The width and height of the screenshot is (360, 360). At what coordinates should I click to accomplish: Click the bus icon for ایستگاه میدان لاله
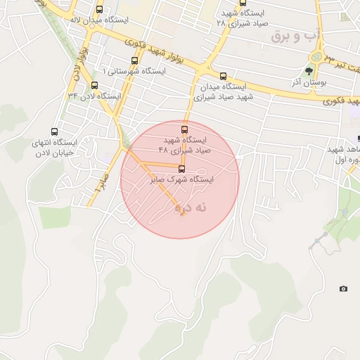[x=99, y=10]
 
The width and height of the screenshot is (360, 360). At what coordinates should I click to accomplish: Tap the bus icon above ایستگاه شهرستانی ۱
[x=134, y=61]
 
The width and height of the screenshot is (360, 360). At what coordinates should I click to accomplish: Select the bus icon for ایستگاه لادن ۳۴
[x=94, y=86]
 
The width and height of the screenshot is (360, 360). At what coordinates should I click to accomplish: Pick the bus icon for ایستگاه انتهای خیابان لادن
[x=55, y=131]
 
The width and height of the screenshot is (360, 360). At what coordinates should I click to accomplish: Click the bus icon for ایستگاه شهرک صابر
[x=182, y=169]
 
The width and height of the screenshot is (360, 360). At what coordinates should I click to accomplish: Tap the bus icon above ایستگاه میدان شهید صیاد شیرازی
[x=224, y=76]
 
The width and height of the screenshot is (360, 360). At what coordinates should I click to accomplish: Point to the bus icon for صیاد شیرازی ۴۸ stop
[x=184, y=129]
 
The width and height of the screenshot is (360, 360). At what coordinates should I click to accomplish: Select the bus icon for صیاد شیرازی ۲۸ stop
[x=243, y=2]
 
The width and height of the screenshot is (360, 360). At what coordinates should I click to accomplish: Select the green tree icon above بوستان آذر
[x=309, y=70]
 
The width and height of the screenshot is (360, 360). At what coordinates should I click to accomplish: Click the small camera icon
[x=343, y=289]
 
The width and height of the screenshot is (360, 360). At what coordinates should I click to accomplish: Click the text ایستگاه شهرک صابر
[x=181, y=180]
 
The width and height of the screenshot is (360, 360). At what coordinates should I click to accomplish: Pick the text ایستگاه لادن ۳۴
[x=94, y=96]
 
